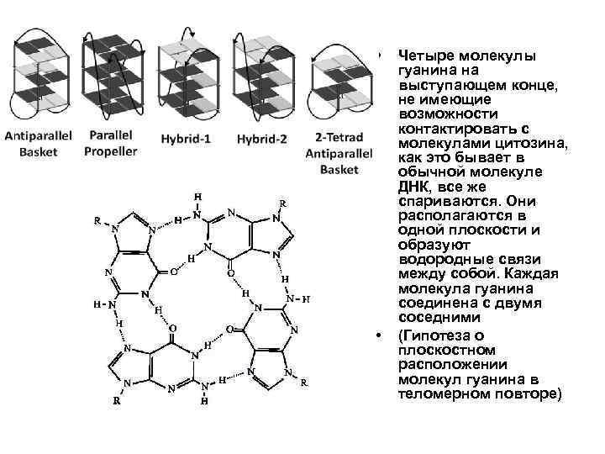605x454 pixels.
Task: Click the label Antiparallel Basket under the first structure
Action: [x=39, y=144]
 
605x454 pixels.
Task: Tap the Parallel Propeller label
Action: [x=111, y=144]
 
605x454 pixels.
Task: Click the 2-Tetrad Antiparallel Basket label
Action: [x=332, y=152]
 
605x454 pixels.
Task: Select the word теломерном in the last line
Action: [x=441, y=393]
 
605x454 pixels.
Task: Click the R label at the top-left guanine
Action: [x=97, y=222]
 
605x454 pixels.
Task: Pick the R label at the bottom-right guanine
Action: [x=303, y=383]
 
